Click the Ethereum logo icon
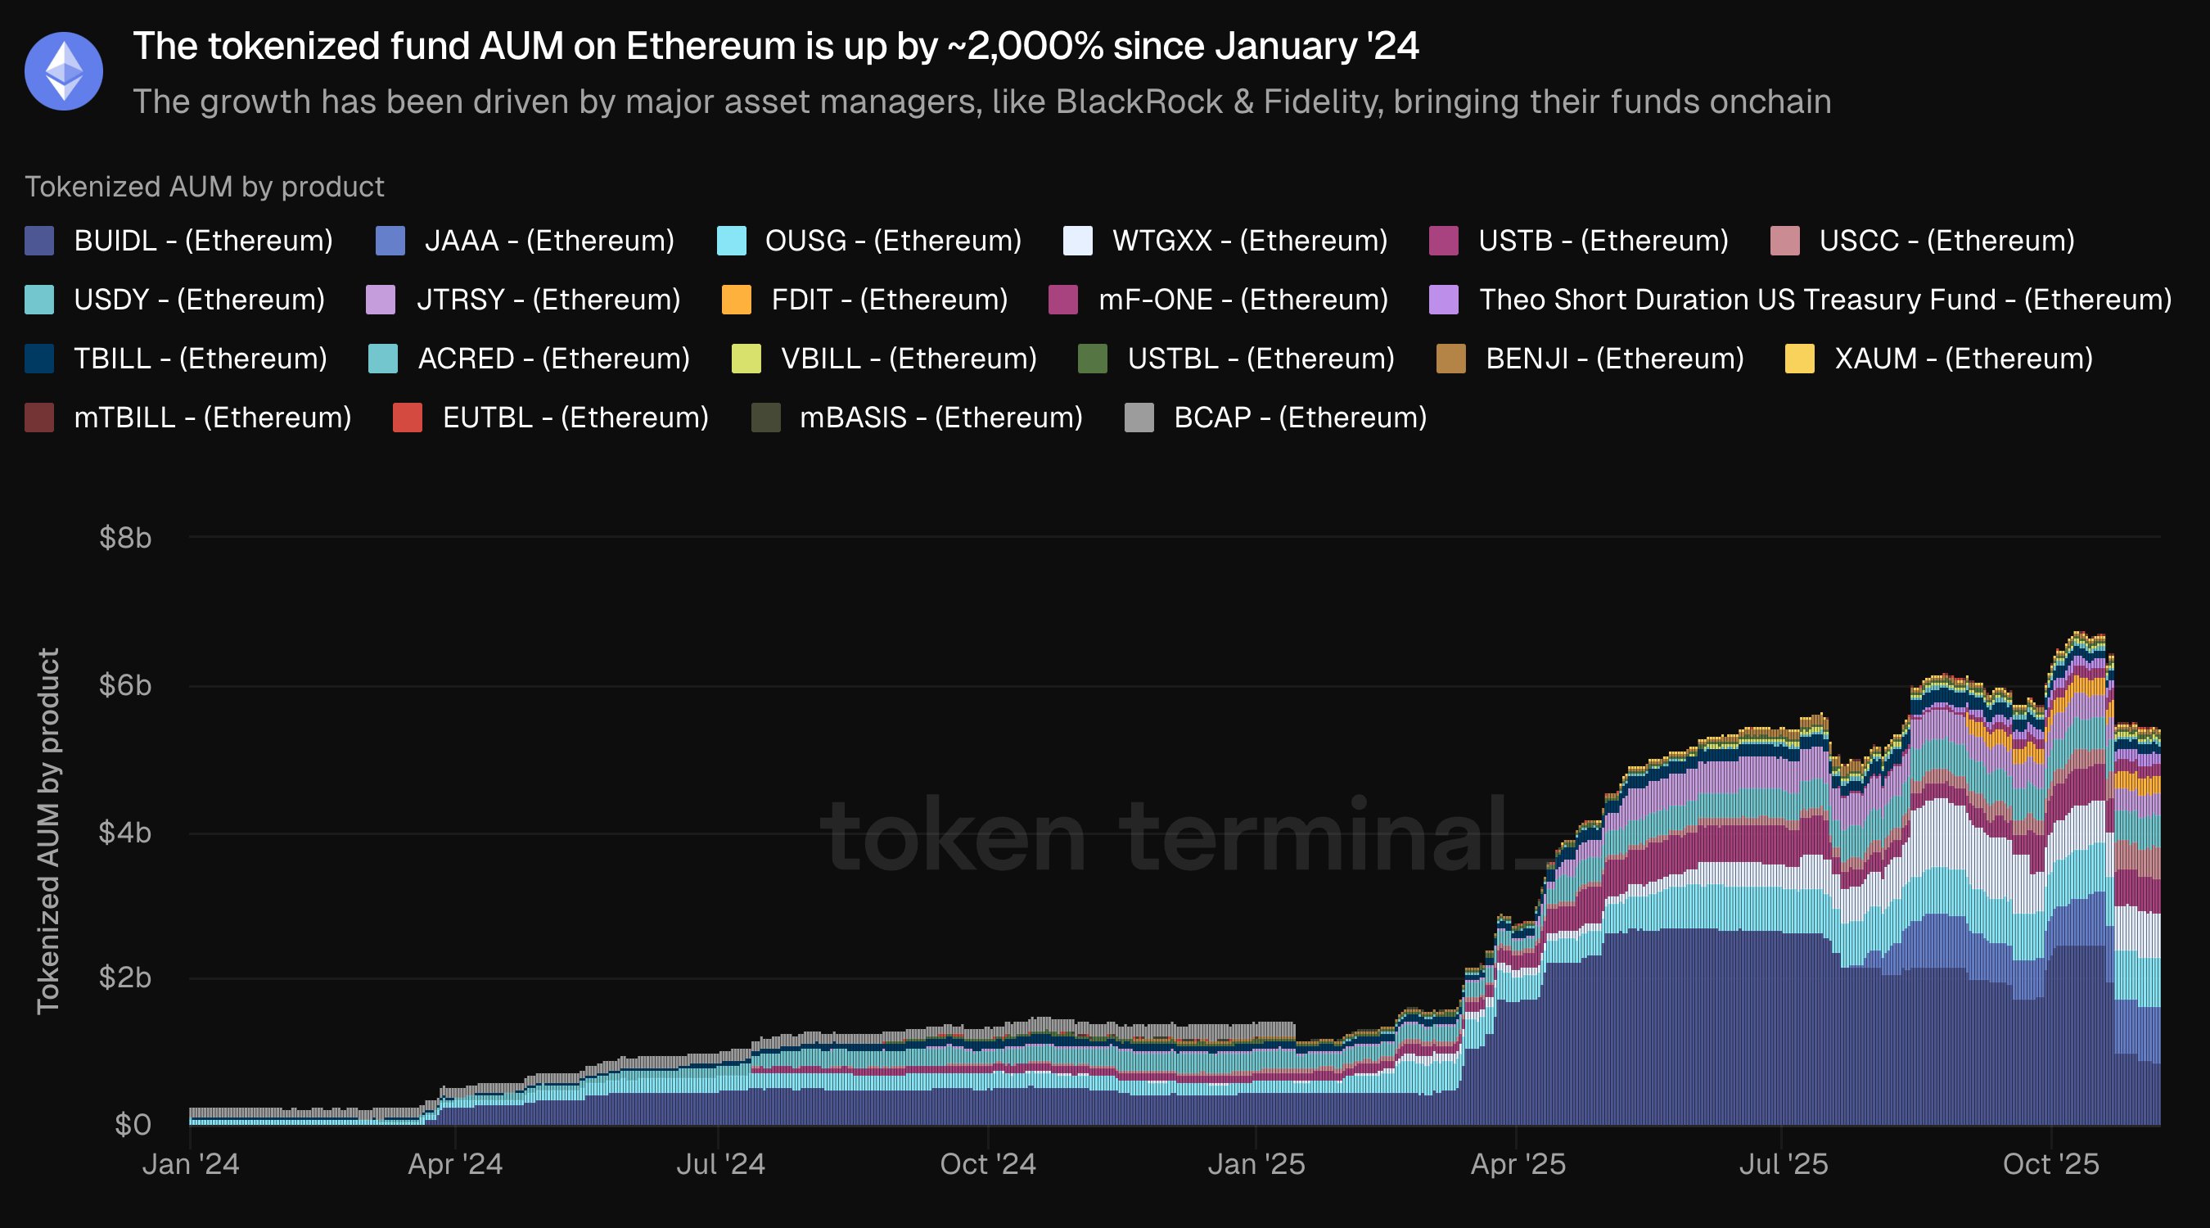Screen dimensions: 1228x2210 [x=64, y=71]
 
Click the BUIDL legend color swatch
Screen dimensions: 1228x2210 [x=39, y=242]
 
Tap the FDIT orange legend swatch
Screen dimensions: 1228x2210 [x=737, y=300]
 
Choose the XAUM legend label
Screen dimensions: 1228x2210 [x=1963, y=359]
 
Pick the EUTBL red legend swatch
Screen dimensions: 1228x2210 [x=408, y=418]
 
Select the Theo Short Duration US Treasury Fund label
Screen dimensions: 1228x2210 [x=1824, y=300]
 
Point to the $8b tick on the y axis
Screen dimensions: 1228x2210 [x=125, y=538]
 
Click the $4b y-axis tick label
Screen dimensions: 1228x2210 [x=125, y=833]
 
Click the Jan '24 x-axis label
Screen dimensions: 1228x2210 [x=191, y=1164]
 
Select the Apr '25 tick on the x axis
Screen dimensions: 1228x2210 [x=1518, y=1164]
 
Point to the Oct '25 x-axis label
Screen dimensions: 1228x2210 [x=2050, y=1164]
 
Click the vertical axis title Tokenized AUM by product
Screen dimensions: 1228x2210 [x=48, y=831]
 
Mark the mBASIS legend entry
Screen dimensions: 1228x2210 [x=940, y=418]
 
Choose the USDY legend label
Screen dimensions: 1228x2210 [x=199, y=300]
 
